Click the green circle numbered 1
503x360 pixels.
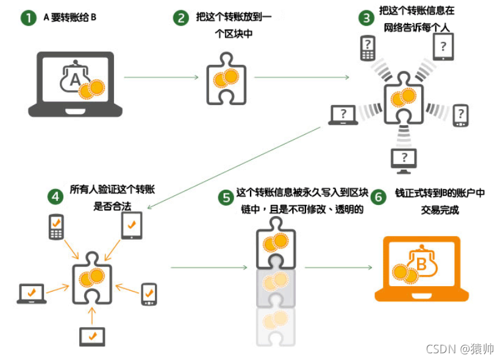[28, 18]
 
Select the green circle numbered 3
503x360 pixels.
[366, 18]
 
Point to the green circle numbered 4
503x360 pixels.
[55, 196]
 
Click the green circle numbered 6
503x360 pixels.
[379, 197]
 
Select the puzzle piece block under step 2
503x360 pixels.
[226, 79]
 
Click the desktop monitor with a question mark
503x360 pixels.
[404, 158]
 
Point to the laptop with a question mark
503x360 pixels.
[343, 114]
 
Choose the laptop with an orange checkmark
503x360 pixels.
[32, 293]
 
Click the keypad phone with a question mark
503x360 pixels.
[368, 48]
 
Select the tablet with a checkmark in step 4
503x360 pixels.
[132, 225]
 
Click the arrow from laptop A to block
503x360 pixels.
[162, 77]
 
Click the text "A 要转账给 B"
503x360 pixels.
[70, 17]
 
